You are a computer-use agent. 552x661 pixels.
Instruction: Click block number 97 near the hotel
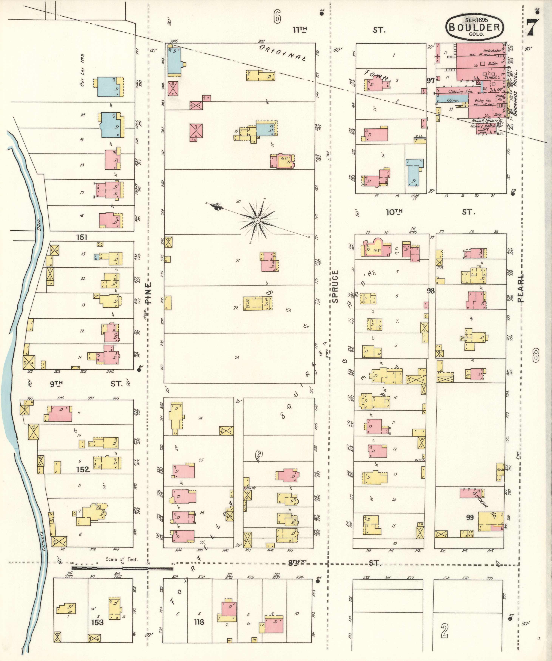431,81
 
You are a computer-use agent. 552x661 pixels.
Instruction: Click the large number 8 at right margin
536,354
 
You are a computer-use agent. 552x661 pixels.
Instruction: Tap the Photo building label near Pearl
500,470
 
